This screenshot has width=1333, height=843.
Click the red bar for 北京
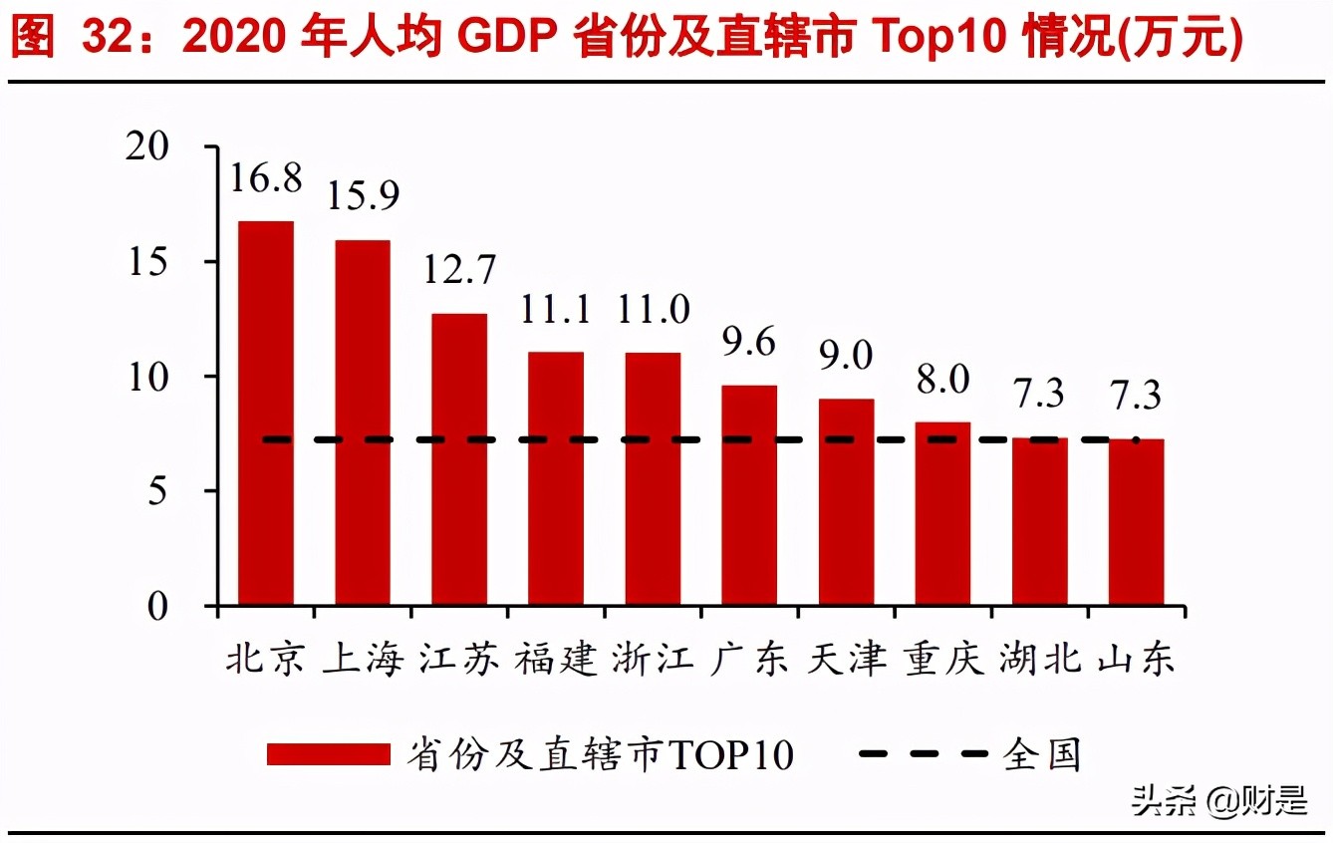(x=265, y=413)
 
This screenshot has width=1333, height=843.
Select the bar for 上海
(x=363, y=422)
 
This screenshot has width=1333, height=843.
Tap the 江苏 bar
(x=459, y=459)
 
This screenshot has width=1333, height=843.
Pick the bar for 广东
(x=749, y=495)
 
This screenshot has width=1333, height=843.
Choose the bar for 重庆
(x=942, y=513)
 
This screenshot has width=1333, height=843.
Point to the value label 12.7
(x=459, y=270)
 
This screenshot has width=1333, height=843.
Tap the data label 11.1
(x=556, y=310)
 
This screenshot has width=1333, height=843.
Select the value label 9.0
(x=846, y=357)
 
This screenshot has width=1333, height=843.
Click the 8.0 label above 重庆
(x=942, y=380)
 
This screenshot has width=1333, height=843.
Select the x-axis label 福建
(x=556, y=661)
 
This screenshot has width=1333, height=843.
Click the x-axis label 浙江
(x=653, y=661)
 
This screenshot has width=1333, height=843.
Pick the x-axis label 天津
(x=846, y=661)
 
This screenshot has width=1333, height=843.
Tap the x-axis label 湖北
(x=1039, y=661)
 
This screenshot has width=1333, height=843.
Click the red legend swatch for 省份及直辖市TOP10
(x=328, y=754)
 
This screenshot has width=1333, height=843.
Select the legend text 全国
(x=1042, y=754)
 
